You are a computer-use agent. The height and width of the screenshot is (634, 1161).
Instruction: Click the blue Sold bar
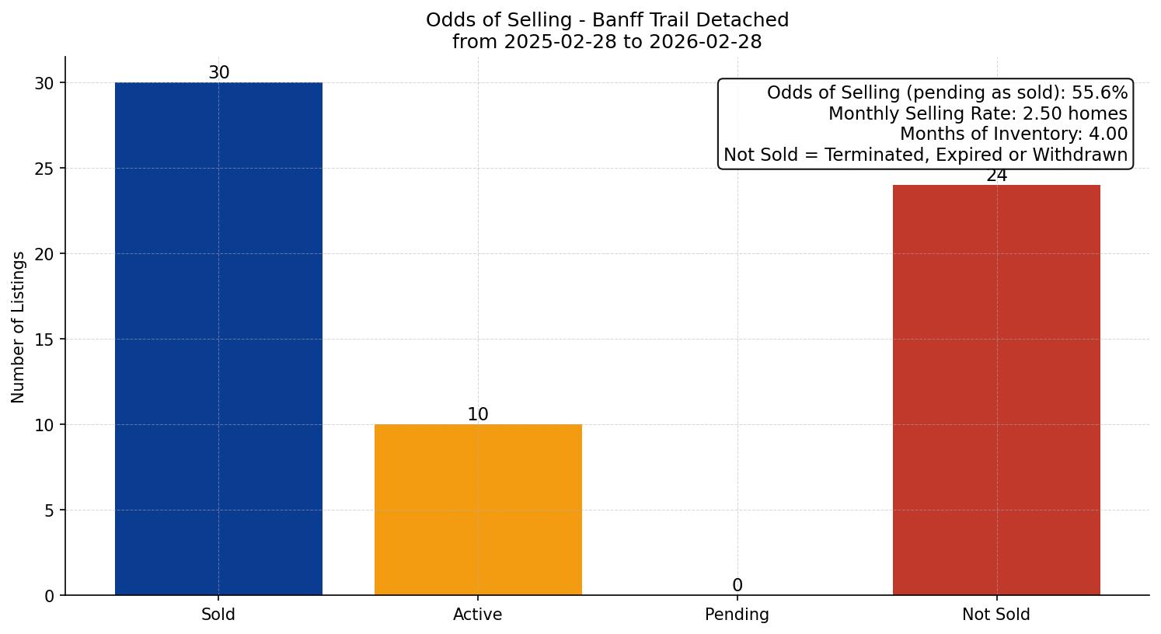[x=218, y=339]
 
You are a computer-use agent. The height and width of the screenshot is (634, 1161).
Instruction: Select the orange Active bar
[x=478, y=510]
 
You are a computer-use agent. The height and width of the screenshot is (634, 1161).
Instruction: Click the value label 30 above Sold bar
[x=219, y=73]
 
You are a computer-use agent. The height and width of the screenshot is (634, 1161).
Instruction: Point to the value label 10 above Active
[x=478, y=415]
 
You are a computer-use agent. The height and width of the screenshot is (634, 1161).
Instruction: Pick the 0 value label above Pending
[x=737, y=586]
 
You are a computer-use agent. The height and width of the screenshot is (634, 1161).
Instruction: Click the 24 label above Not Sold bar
[x=996, y=176]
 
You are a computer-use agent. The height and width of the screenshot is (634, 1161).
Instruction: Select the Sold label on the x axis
[x=218, y=615]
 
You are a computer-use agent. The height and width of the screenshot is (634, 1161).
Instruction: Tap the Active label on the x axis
[x=478, y=615]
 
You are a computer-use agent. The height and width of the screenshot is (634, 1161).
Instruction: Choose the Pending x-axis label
[x=737, y=615]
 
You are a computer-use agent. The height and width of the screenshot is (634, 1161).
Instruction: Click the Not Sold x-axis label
[x=996, y=615]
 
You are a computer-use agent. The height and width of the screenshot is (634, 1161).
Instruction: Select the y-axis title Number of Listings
[x=19, y=326]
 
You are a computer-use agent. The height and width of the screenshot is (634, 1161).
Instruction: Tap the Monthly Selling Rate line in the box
[x=978, y=114]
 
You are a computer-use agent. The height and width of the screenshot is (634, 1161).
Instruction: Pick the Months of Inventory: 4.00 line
[x=1013, y=134]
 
